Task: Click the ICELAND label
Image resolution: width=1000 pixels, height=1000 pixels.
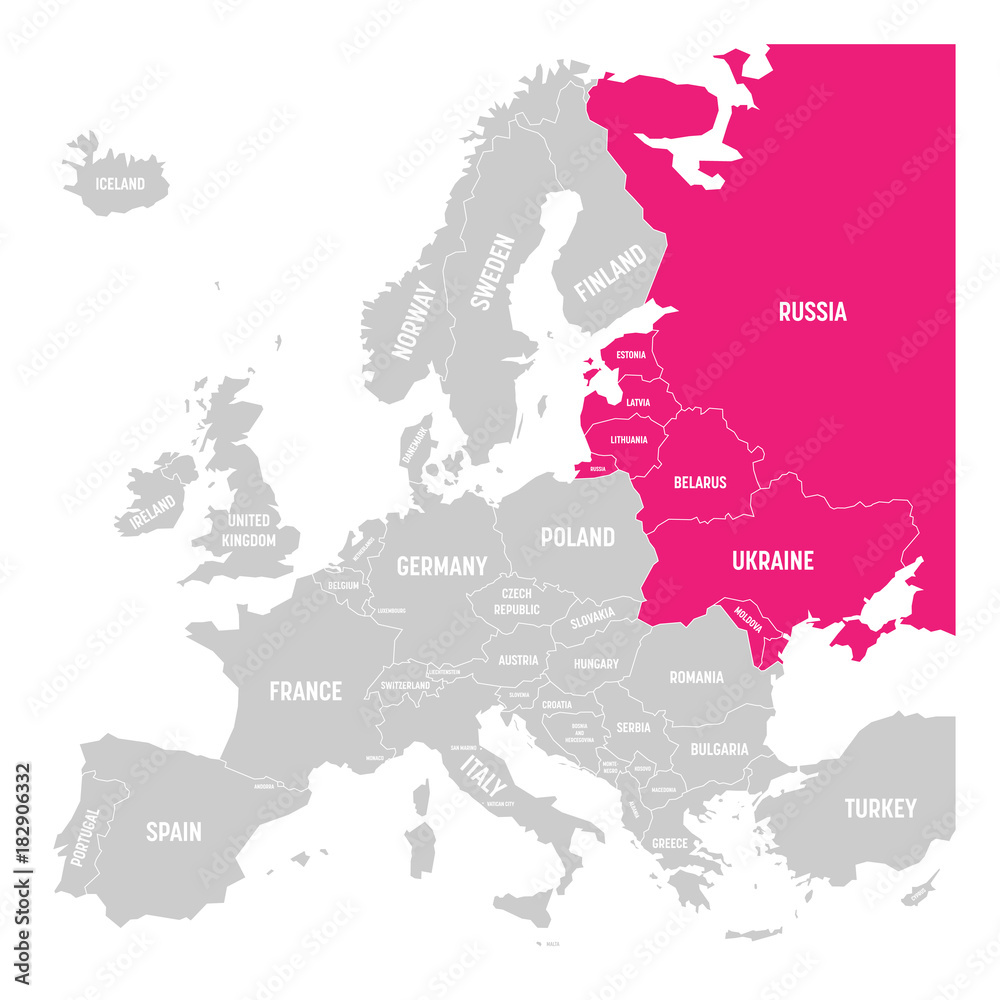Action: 120,184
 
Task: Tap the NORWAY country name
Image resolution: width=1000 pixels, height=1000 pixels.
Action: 415,319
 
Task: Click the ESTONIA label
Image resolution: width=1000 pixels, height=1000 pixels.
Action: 630,355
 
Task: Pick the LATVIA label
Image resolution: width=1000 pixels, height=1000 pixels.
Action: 637,403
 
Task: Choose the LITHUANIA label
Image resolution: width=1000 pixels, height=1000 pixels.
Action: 629,440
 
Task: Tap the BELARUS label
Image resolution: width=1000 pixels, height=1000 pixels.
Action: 700,482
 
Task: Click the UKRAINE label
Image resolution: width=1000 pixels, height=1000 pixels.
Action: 772,561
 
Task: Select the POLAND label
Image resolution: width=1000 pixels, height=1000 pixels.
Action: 577,537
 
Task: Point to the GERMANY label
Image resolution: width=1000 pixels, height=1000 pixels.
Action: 441,566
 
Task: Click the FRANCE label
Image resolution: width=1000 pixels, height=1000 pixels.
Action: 305,691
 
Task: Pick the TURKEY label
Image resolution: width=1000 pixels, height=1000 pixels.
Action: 880,808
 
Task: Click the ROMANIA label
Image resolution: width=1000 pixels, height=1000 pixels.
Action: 696,677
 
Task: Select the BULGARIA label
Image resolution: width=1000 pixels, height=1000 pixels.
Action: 719,749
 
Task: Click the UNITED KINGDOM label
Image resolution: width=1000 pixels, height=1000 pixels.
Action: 249,530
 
